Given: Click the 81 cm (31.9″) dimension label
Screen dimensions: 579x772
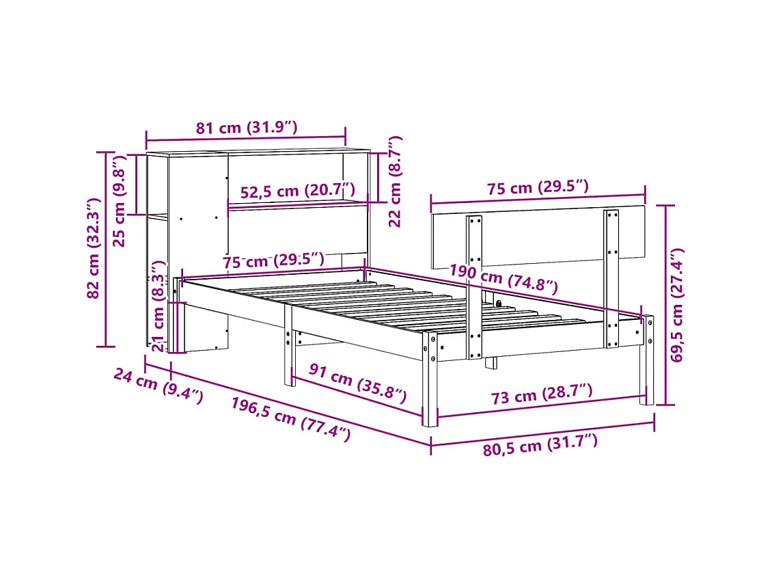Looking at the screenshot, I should tap(247, 128).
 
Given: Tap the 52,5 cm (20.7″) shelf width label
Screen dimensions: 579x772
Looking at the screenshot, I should tap(298, 192).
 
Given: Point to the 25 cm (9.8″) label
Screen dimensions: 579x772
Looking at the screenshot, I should tap(120, 191).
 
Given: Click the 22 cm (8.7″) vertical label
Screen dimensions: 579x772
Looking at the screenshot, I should tap(395, 182).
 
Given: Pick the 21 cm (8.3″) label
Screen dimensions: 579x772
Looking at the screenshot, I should tap(158, 306).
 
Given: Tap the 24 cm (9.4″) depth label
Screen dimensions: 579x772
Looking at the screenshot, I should tap(158, 388).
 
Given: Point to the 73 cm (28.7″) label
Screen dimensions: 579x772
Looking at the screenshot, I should tap(541, 395).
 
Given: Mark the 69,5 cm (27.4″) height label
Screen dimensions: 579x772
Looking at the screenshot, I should tap(677, 306).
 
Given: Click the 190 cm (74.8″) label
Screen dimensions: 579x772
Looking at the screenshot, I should tap(503, 278).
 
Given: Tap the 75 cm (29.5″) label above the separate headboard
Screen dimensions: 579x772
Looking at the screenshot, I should tap(538, 187).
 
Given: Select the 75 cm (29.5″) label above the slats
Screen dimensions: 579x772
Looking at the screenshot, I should tap(273, 261).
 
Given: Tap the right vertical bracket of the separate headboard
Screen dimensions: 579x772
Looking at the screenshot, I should tap(611, 278).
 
